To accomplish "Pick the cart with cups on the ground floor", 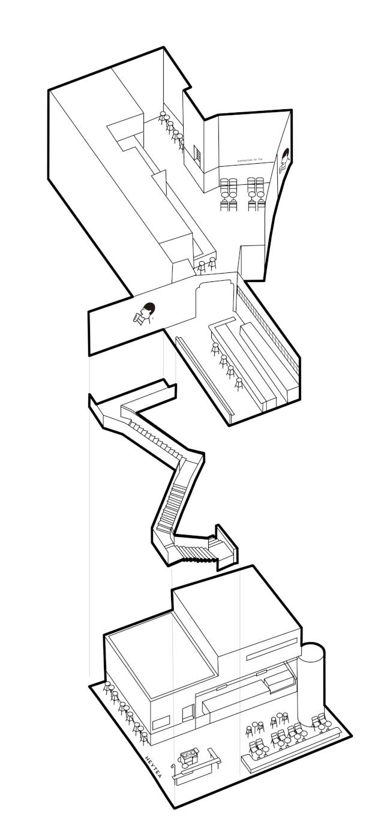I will click(190, 757).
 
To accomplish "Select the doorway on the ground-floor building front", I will click(188, 713).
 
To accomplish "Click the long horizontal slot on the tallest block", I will click(272, 650).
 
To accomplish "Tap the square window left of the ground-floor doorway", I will click(160, 724).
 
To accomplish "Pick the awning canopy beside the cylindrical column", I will click(279, 680).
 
